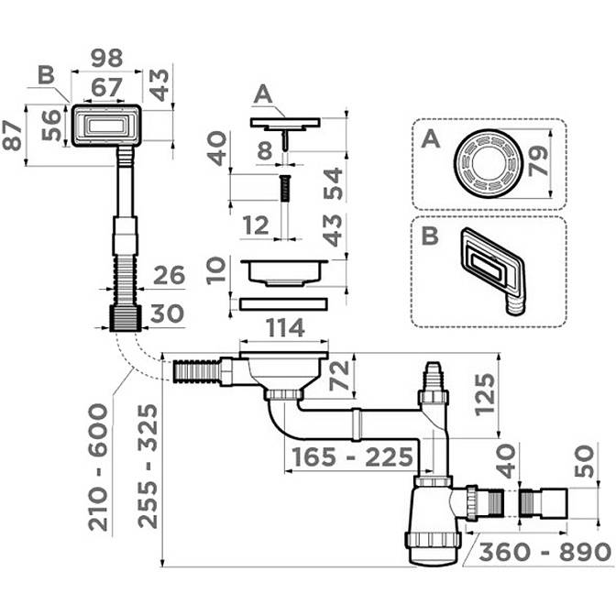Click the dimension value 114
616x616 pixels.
[286, 328]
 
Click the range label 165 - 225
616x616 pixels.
[352, 456]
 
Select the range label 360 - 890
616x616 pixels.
[544, 553]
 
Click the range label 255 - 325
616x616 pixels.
[147, 466]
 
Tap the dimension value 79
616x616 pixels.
[541, 163]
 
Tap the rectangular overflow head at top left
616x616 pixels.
[106, 124]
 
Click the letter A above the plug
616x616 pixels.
[264, 94]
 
